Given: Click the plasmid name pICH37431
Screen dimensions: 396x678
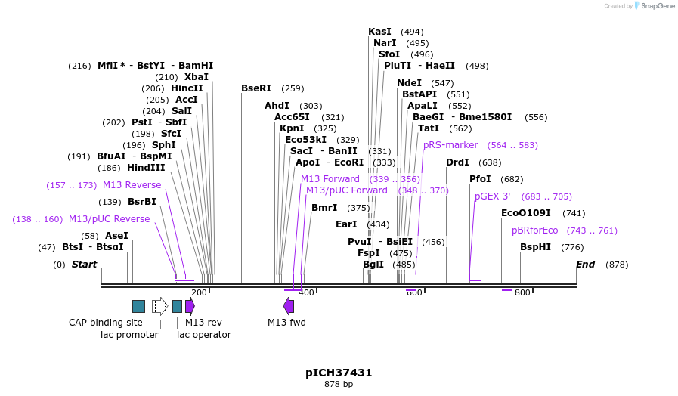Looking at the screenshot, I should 339,373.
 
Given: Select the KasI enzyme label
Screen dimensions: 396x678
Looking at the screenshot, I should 379,32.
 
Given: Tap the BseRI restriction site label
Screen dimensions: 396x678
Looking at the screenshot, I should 256,88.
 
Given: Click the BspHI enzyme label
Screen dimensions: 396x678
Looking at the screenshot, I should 536,247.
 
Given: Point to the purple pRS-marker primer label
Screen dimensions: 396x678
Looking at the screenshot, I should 450,145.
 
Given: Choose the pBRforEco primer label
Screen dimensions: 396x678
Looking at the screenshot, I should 534,230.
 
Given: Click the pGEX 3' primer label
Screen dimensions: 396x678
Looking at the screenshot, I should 492,196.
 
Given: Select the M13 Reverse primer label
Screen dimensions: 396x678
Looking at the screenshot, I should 132,185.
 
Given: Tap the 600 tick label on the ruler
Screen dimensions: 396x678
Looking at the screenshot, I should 414,293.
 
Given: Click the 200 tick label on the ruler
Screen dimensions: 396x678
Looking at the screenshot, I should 199,293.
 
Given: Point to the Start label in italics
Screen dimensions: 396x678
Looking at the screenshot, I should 84,265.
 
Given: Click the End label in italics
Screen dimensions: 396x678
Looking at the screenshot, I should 585,265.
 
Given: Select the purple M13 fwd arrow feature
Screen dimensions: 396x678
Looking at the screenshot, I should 289,306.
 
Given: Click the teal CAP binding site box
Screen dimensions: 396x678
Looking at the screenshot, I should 138,306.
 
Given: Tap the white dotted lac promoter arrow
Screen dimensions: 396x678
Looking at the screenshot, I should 159,306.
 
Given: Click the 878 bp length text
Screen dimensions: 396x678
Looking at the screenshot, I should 339,385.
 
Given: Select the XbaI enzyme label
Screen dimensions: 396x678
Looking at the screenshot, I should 197,77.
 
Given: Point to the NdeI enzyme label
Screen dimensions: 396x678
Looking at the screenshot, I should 409,83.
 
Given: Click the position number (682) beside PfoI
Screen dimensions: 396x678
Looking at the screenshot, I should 512,179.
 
